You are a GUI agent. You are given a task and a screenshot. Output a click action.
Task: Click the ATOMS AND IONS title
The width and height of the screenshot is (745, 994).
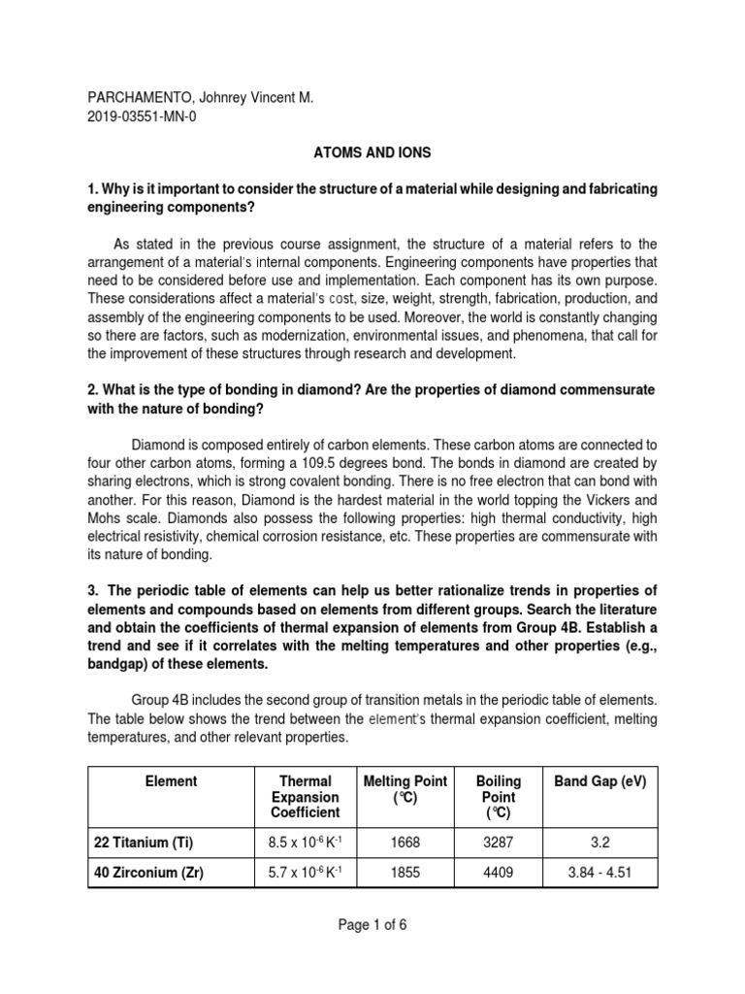(x=372, y=154)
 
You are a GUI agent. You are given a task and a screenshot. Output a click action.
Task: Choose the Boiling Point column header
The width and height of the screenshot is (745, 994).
(x=498, y=796)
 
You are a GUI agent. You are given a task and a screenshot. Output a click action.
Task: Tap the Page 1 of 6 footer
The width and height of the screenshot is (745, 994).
(x=372, y=925)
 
